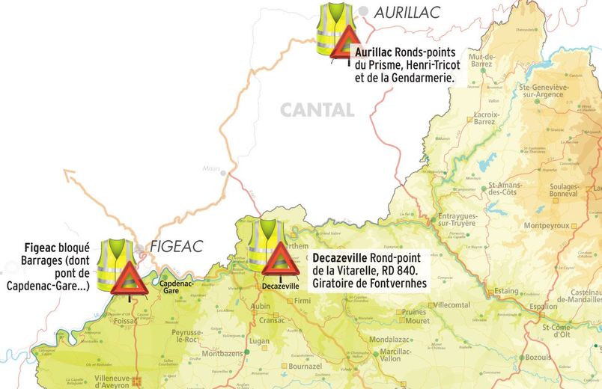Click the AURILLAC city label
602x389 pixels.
tap(407, 11)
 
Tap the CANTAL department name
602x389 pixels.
tap(317, 110)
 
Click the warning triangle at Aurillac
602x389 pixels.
tap(346, 44)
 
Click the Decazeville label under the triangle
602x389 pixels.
tap(281, 286)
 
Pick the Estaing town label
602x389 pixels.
tap(507, 292)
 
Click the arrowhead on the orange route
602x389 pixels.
tap(70, 177)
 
